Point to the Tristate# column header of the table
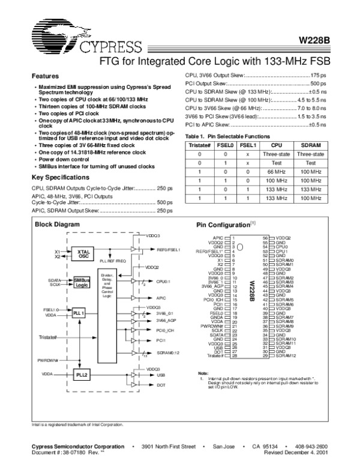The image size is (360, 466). click(198, 145)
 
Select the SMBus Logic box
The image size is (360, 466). click(81, 282)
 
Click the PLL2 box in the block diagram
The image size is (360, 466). click(81, 374)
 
